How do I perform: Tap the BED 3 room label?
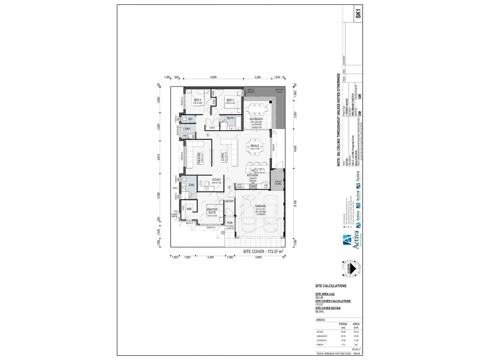click(x=229, y=101)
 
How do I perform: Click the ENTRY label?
click(x=229, y=202)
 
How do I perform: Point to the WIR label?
click(x=188, y=209)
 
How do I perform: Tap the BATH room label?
click(x=230, y=118)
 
